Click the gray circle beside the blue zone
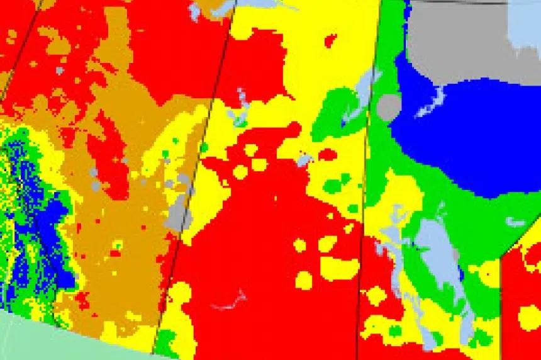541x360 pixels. (x=389, y=107)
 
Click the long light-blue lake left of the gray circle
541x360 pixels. (x=362, y=94)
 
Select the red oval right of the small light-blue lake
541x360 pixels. (x=328, y=154)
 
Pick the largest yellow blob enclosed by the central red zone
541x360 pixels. (x=340, y=267)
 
